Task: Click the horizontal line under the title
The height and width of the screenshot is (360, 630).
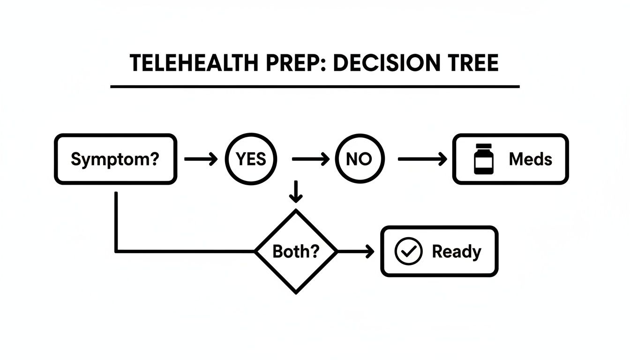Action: pos(315,87)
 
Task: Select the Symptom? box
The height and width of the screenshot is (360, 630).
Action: pos(115,159)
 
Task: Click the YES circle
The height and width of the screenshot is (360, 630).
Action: pos(251,159)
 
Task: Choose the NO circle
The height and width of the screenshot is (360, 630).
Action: pos(359,159)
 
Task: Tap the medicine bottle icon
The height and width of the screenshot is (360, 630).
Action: pos(483,159)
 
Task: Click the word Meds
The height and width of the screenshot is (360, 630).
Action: pos(530,159)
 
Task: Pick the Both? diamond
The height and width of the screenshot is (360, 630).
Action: pos(296,252)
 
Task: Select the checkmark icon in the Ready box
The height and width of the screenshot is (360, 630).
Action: pos(409,252)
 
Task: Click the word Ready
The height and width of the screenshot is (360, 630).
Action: pos(456,252)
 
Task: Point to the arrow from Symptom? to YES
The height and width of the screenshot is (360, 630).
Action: pos(201,159)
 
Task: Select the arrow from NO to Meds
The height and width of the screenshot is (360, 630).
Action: pos(422,159)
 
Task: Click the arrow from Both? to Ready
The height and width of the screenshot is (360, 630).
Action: pos(356,252)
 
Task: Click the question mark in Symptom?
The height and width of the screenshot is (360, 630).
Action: pos(154,159)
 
